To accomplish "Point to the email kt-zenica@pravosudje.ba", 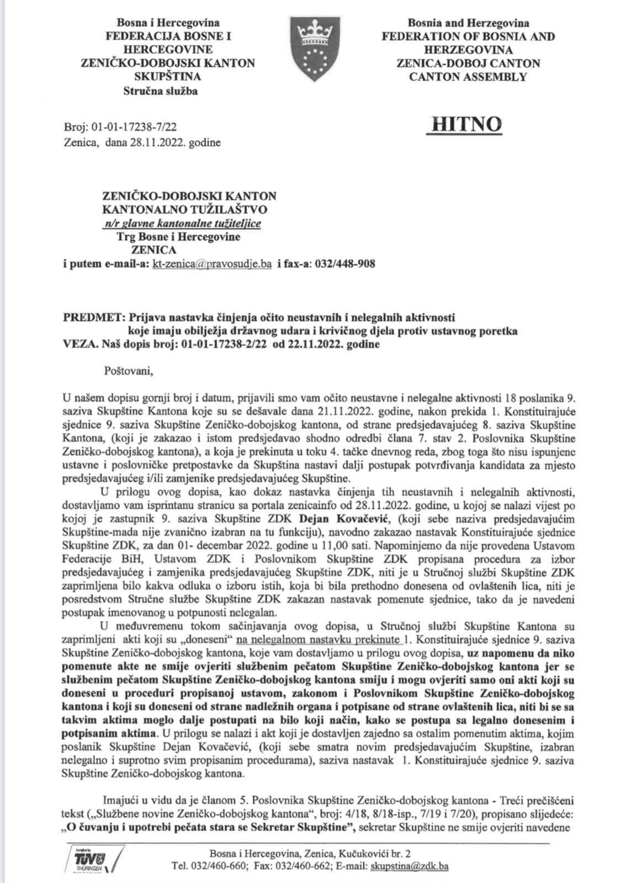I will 211,264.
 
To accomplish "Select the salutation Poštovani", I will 128,370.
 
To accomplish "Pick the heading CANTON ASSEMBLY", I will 468,77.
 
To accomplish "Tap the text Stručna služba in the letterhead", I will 160,91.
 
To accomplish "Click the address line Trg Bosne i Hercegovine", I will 178,237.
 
